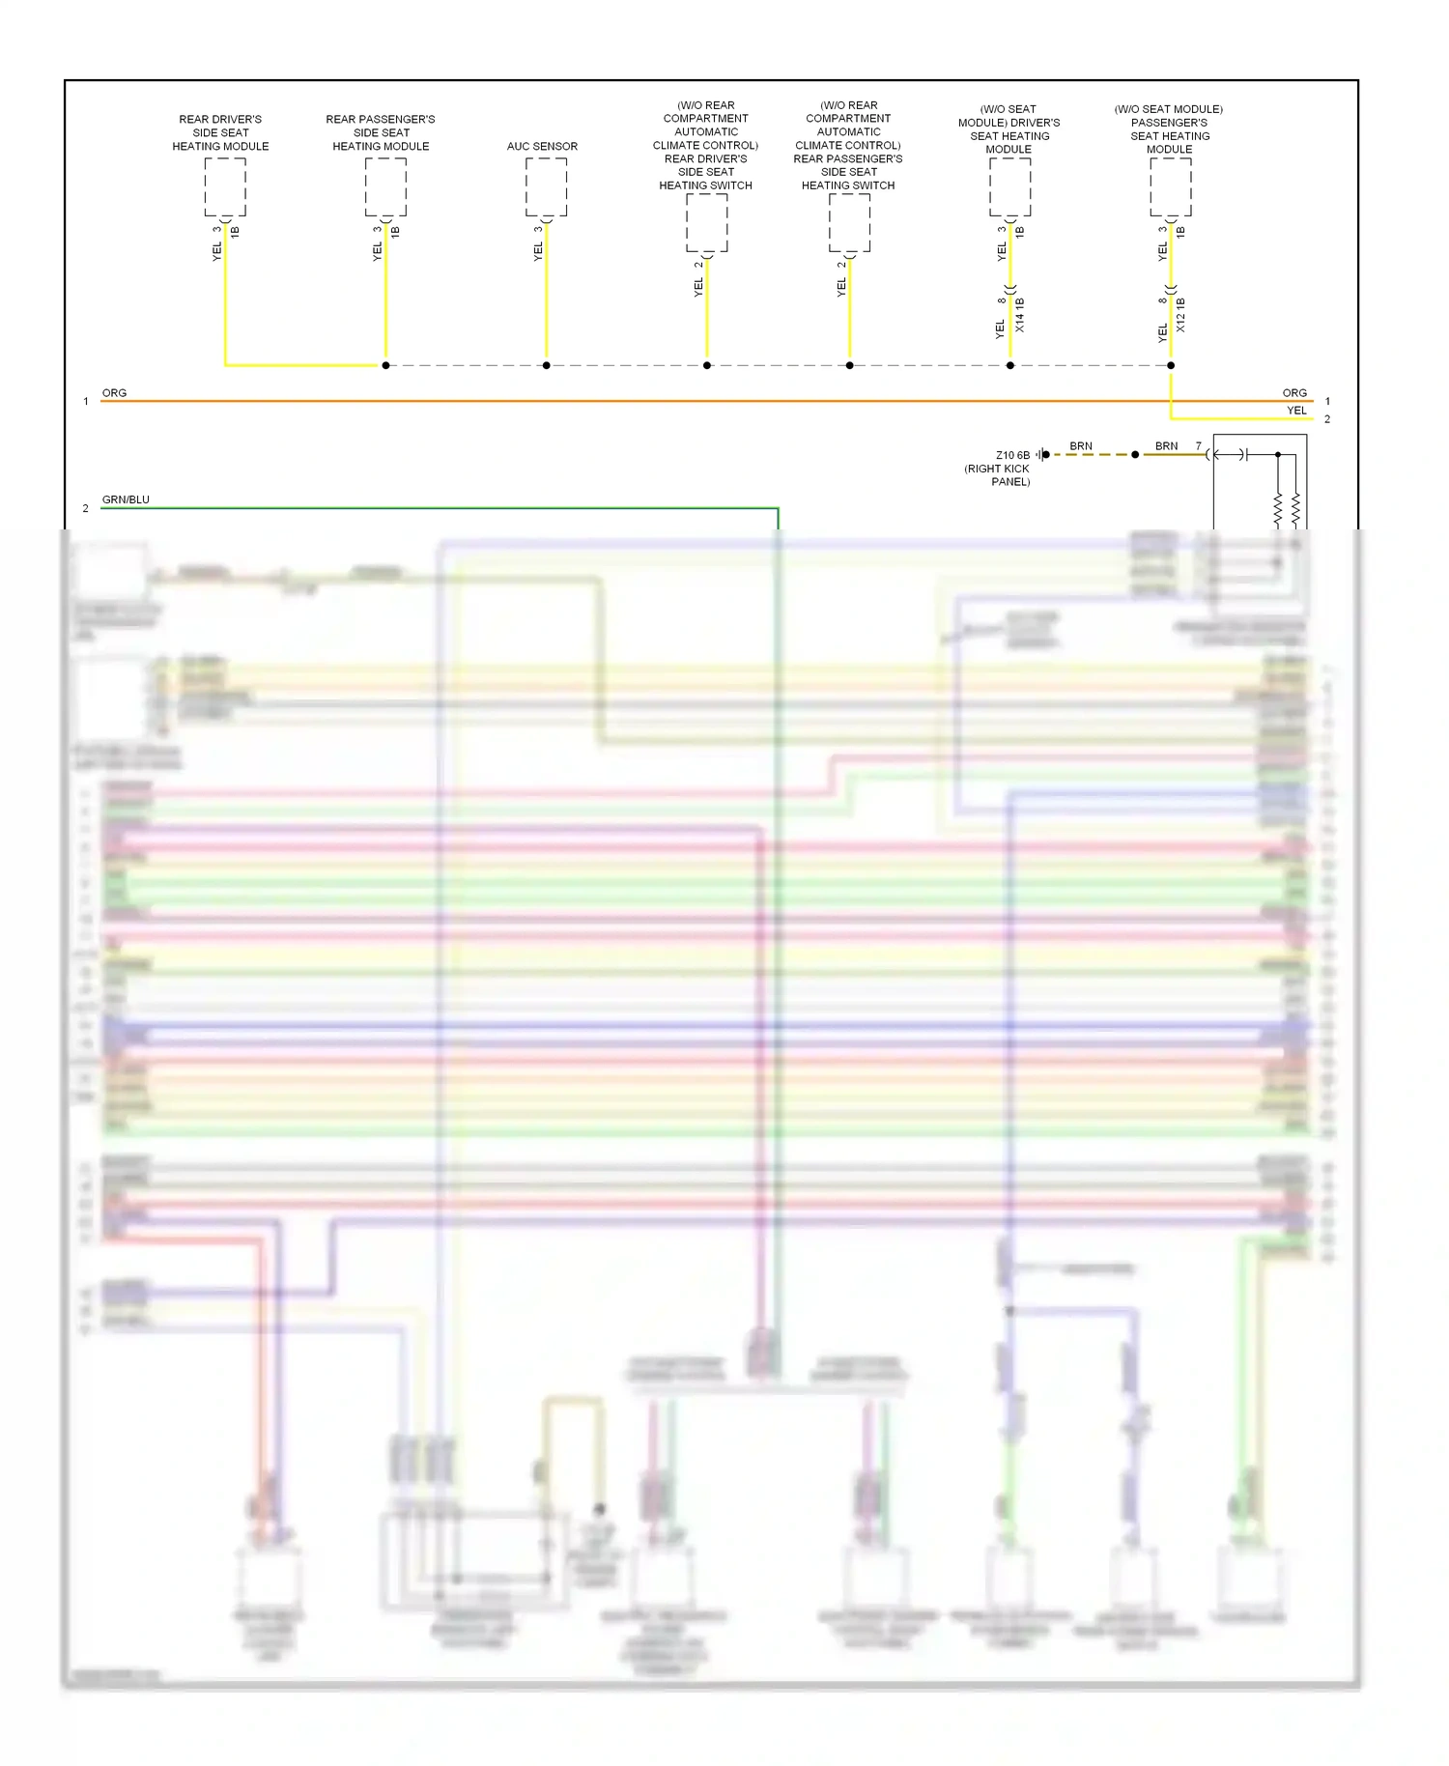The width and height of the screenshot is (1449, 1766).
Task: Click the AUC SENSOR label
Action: (542, 146)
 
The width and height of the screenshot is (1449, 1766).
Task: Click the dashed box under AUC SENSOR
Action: (546, 186)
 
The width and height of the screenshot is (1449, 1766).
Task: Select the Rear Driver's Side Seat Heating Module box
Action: (225, 186)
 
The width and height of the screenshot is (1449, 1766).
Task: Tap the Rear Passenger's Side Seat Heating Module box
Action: (385, 186)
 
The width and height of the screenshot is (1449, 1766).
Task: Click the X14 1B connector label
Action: (1020, 316)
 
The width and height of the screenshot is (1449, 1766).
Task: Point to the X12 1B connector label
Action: (1180, 316)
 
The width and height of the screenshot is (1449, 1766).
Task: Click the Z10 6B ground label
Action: (1012, 455)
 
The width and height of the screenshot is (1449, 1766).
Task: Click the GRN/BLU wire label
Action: (126, 499)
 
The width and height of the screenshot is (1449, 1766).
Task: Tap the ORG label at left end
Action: (114, 393)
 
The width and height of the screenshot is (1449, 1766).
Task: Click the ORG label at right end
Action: (1294, 393)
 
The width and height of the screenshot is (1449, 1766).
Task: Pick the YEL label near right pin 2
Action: (1296, 411)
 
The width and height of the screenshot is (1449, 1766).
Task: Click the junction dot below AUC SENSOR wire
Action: (546, 365)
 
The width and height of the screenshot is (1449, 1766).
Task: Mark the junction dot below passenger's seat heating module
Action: (1171, 365)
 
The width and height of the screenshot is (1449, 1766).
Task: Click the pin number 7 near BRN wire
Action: (1199, 446)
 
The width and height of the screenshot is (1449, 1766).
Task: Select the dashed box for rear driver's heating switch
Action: (707, 222)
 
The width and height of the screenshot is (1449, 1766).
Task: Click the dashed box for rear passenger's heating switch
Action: (849, 222)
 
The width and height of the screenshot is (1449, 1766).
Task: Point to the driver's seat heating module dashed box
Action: (1009, 186)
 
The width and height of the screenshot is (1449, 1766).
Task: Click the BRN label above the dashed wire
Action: (1081, 446)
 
